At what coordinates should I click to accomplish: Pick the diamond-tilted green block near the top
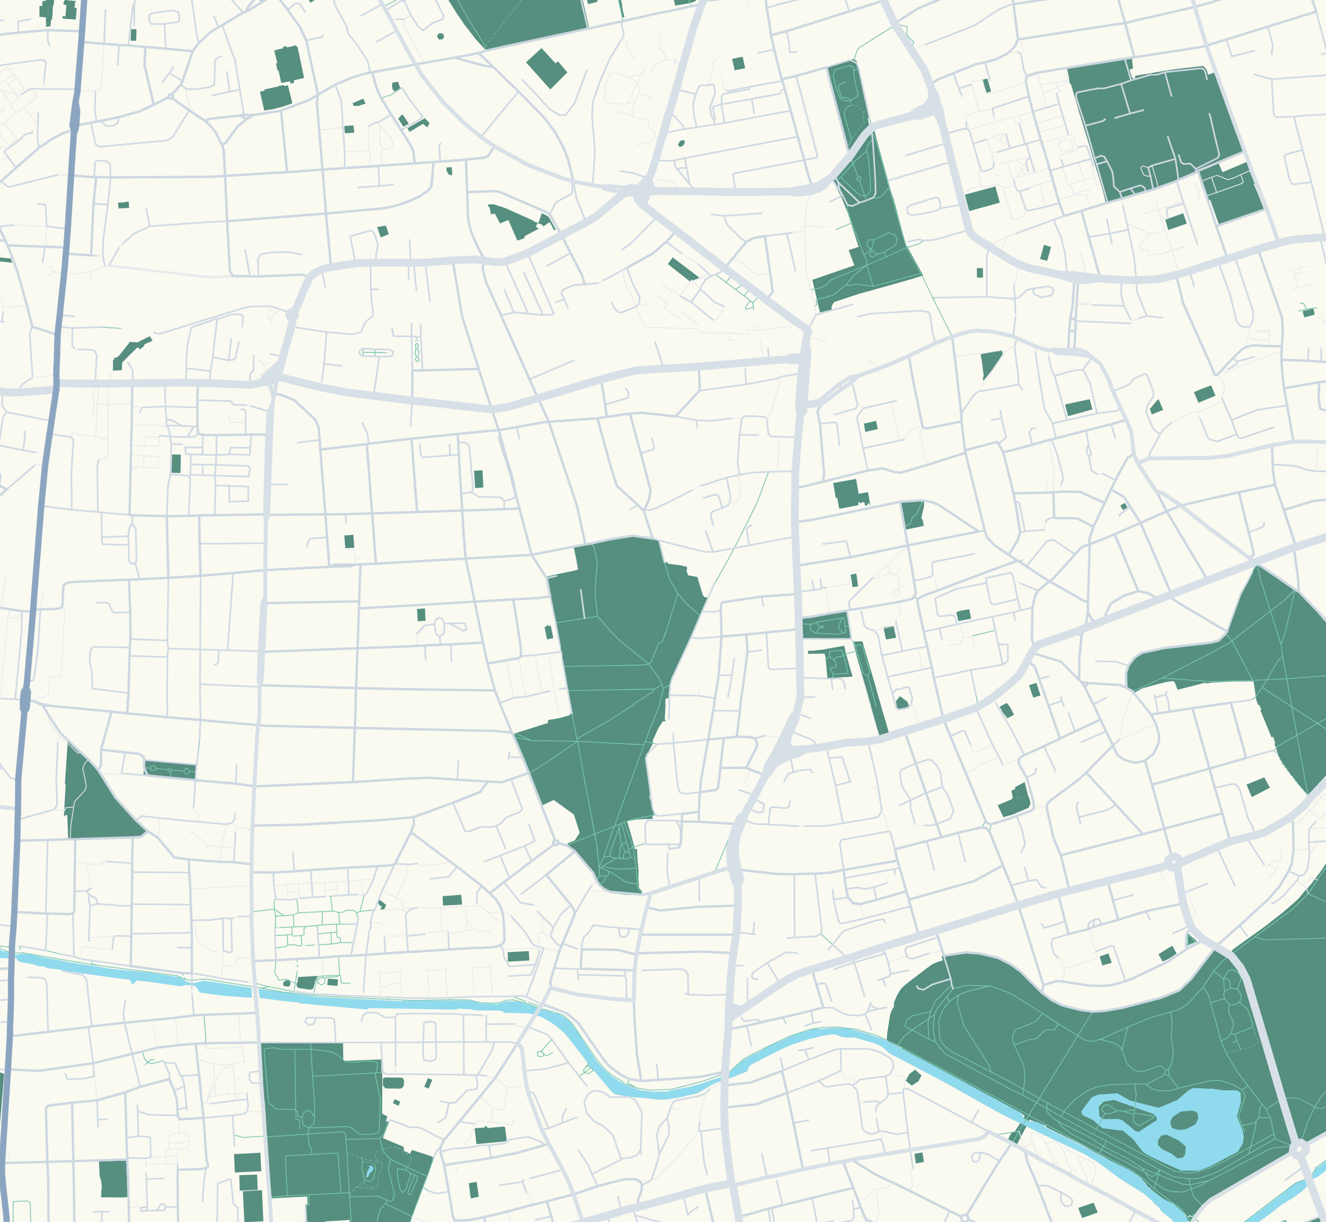coord(546,68)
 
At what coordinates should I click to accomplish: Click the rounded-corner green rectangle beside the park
coord(393,1082)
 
